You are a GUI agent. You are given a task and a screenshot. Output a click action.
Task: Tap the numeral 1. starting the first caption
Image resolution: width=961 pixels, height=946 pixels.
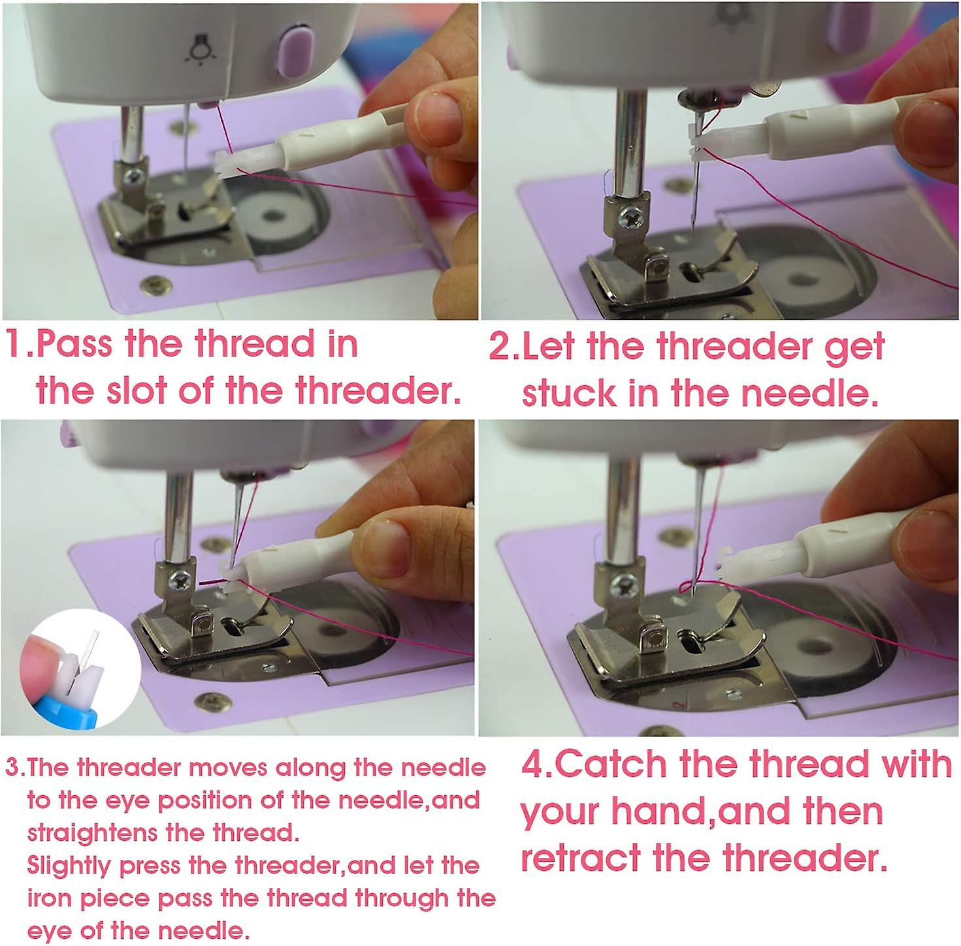coord(18,344)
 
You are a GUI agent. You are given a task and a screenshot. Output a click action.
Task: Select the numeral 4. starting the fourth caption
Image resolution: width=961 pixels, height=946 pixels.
coord(535,765)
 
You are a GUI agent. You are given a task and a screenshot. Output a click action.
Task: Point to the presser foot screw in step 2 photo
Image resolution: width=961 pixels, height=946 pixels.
coord(631,213)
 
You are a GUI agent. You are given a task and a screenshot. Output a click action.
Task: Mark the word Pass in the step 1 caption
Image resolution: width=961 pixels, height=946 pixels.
coord(74,344)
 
